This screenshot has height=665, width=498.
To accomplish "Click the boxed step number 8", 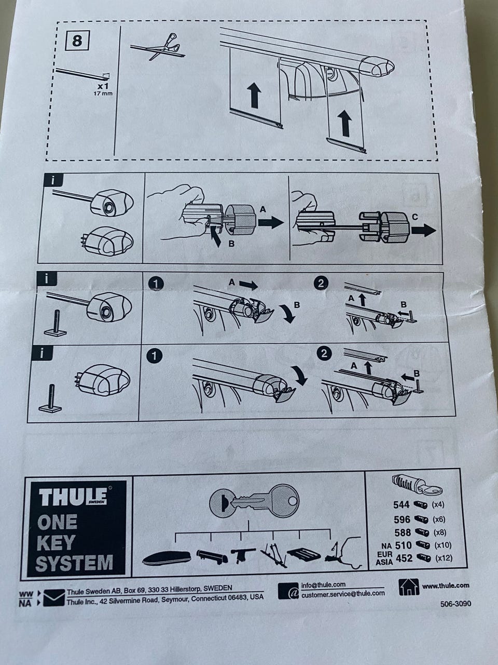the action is pyautogui.click(x=77, y=41).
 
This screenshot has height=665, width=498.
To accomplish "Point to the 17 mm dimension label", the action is pyautogui.click(x=102, y=94).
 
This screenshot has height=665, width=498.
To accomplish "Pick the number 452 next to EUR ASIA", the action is pyautogui.click(x=404, y=558).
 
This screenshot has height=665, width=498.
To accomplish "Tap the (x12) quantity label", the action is pyautogui.click(x=444, y=558).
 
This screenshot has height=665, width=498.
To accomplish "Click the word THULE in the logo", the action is pyautogui.click(x=73, y=497).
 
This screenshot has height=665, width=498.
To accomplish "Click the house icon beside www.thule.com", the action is pyautogui.click(x=408, y=587).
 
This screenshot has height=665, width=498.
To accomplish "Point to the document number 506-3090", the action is pyautogui.click(x=455, y=604).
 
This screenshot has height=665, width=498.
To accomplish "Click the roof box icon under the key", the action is pyautogui.click(x=167, y=558).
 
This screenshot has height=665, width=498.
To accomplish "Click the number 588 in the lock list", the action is pyautogui.click(x=402, y=533).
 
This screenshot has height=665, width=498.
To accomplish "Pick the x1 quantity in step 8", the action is pyautogui.click(x=103, y=86).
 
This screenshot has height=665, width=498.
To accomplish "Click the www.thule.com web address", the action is pyautogui.click(x=446, y=586).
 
